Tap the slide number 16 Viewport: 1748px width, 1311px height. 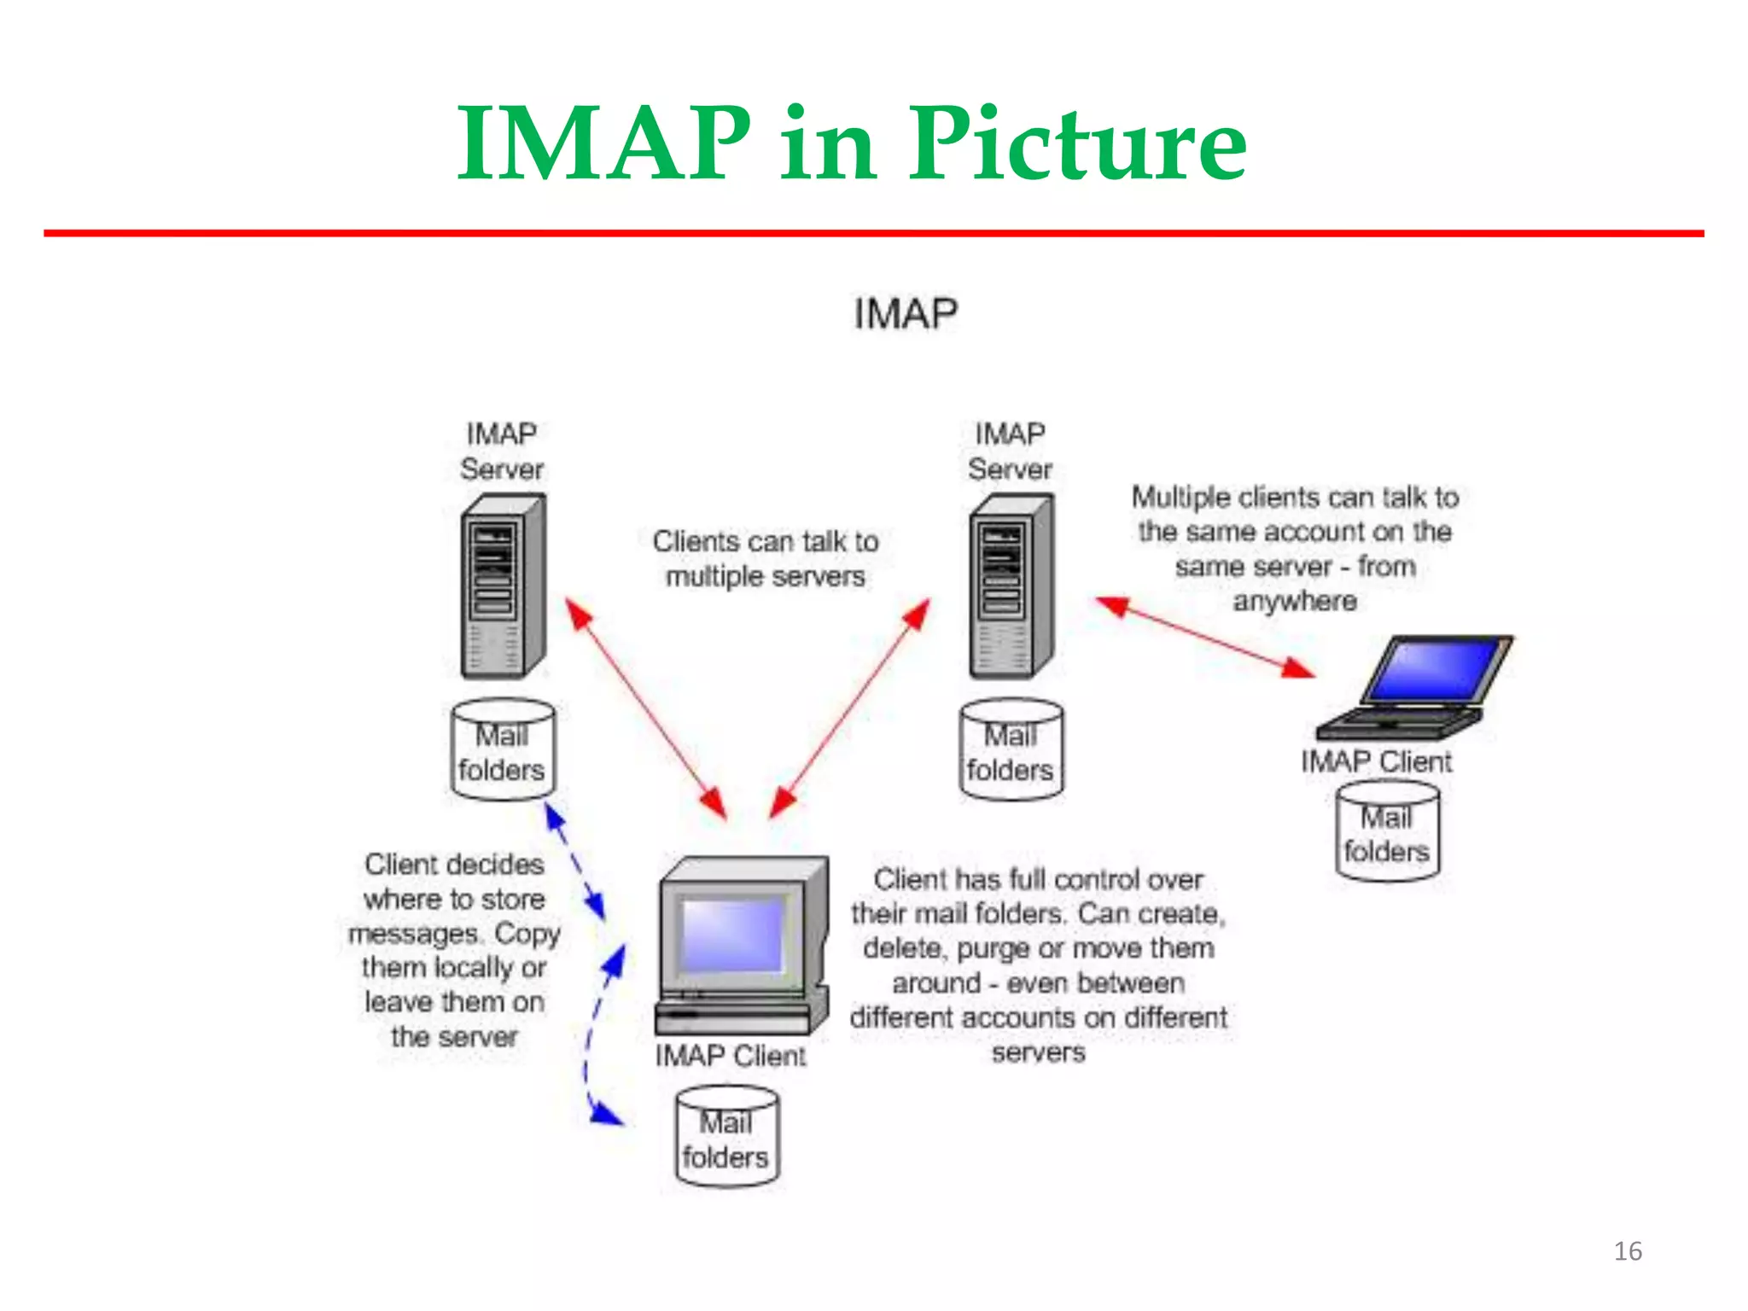(x=1628, y=1251)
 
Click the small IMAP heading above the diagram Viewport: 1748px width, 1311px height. (x=906, y=313)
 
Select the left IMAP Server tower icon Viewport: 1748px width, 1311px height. (x=503, y=586)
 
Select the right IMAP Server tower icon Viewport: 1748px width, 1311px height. (x=1011, y=586)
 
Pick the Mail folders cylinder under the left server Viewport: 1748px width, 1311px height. (x=502, y=750)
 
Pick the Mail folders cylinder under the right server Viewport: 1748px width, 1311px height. (x=1011, y=750)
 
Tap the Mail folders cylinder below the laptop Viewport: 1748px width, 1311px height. (x=1387, y=832)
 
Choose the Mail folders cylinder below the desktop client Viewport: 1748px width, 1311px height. (x=726, y=1137)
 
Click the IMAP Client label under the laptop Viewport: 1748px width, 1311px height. (x=1376, y=761)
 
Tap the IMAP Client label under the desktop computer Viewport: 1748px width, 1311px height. (x=731, y=1056)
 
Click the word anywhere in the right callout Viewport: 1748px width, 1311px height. (x=1295, y=602)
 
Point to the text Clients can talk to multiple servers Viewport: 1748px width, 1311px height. (x=766, y=558)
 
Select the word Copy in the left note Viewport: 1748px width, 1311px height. (x=527, y=934)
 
